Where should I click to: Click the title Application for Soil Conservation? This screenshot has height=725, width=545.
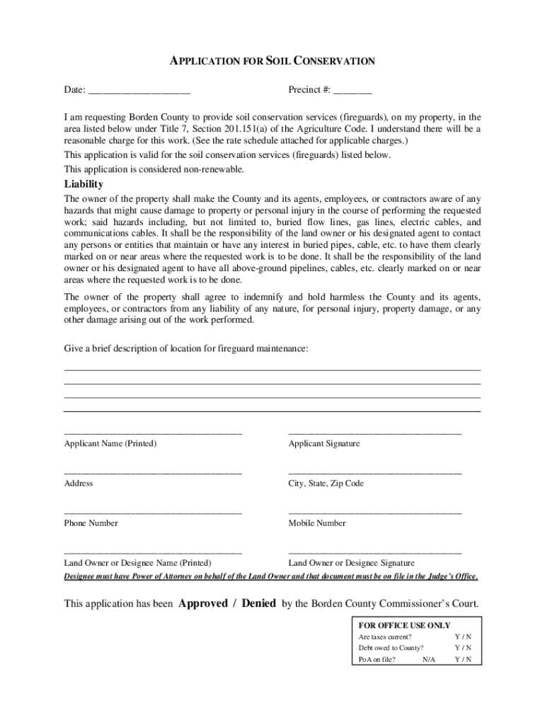point(272,62)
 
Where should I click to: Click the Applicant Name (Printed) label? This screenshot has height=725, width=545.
point(110,443)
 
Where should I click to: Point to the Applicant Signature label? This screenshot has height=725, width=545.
point(323,443)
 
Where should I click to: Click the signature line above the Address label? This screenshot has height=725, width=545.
point(153,472)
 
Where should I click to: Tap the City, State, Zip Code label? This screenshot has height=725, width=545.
point(326,483)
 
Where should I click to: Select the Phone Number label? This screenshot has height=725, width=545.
point(91,523)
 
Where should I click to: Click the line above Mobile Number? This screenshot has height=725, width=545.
point(374,512)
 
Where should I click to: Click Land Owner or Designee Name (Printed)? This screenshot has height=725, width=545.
point(138,563)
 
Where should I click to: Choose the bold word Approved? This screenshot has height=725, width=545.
point(203,604)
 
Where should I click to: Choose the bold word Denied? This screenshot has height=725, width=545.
point(258,604)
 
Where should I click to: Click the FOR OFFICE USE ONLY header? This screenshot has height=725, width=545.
point(404,625)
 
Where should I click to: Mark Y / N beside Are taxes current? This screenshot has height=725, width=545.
point(463,636)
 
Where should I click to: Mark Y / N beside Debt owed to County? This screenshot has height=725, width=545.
point(463,648)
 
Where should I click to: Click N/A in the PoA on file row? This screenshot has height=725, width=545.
point(429,659)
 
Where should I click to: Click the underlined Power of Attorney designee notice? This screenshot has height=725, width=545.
point(271,576)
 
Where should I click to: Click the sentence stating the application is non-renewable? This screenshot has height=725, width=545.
point(154,169)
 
